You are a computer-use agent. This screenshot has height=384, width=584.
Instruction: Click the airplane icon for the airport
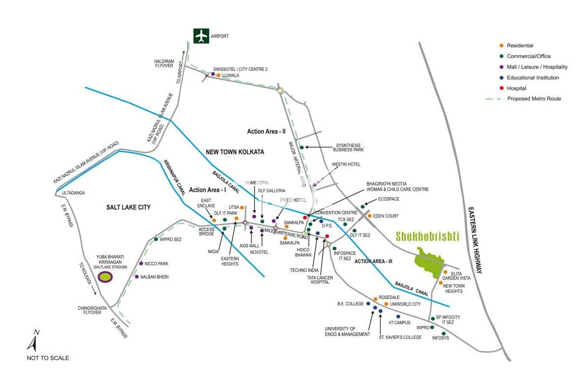point(200,36)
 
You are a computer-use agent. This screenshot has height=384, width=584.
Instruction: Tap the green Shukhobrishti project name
point(427,236)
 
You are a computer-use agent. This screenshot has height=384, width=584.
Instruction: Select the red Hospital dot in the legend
point(501,88)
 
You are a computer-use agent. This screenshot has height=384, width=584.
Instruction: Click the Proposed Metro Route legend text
point(534,99)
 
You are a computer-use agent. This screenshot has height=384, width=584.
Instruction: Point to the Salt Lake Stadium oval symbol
point(105,276)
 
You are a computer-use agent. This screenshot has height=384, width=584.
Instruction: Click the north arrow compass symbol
point(35,340)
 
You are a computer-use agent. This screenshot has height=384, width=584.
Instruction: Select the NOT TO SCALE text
point(48,358)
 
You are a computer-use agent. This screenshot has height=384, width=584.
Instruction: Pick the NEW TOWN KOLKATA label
point(235,152)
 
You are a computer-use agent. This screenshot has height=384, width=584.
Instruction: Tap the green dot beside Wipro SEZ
point(156,239)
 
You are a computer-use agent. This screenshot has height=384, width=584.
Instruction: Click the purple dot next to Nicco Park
point(141,264)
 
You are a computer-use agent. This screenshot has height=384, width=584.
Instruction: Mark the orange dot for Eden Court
point(370,216)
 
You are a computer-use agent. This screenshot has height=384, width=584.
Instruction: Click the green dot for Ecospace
point(362,207)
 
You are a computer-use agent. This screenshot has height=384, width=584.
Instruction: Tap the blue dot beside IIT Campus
point(398,316)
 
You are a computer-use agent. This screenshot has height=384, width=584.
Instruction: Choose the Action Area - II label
point(266,131)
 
